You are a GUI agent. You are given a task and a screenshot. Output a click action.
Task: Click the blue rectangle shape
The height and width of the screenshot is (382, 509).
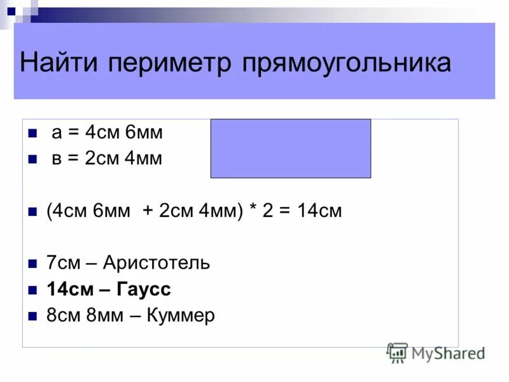(x=291, y=148)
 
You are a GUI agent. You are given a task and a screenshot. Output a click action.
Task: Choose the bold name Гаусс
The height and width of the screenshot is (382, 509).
(x=144, y=289)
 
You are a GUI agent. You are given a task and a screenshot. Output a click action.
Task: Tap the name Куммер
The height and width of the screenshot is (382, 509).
(x=181, y=315)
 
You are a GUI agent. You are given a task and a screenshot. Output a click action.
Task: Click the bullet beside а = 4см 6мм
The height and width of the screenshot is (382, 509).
(x=32, y=134)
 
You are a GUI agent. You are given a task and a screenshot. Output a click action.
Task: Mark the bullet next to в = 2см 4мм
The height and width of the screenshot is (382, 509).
(x=32, y=160)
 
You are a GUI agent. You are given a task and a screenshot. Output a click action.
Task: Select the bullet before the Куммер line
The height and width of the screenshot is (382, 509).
(x=32, y=316)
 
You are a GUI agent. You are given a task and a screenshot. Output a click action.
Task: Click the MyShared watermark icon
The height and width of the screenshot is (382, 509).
(x=397, y=352)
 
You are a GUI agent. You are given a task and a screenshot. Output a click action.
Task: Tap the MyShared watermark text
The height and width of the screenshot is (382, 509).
(x=448, y=352)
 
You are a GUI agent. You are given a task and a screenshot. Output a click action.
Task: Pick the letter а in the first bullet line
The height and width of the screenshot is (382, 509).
(x=57, y=134)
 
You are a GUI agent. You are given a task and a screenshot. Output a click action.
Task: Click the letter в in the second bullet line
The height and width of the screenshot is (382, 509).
(x=57, y=159)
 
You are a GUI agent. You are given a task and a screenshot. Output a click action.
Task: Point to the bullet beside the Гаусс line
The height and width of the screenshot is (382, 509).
(x=32, y=290)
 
